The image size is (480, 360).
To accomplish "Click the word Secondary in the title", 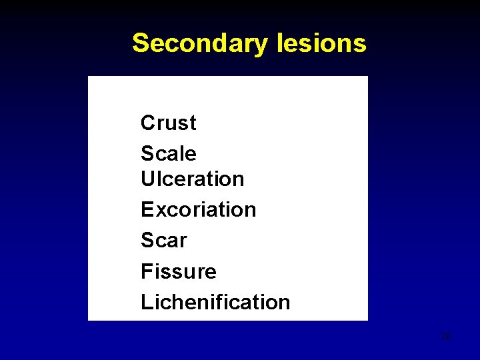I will [x=199, y=43].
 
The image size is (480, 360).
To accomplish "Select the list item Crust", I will [x=169, y=123].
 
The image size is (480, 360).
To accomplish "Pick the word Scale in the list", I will [x=169, y=153].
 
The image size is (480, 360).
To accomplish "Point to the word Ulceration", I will [x=193, y=179].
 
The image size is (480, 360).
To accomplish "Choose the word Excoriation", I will [x=198, y=209].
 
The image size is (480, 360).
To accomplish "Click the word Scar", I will [x=164, y=240].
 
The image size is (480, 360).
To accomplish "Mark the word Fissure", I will [x=179, y=271].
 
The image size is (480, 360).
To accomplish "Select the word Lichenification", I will [x=215, y=302].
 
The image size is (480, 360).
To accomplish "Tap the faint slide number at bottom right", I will [x=447, y=337].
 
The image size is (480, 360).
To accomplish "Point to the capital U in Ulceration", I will [x=147, y=179].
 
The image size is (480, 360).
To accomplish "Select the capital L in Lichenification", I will [x=146, y=302].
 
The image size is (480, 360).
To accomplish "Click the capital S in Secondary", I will [x=140, y=43].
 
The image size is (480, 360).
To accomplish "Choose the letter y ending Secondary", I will [x=261, y=46].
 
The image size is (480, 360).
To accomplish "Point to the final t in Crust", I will [x=193, y=123].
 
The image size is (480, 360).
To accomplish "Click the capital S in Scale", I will [x=147, y=153].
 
